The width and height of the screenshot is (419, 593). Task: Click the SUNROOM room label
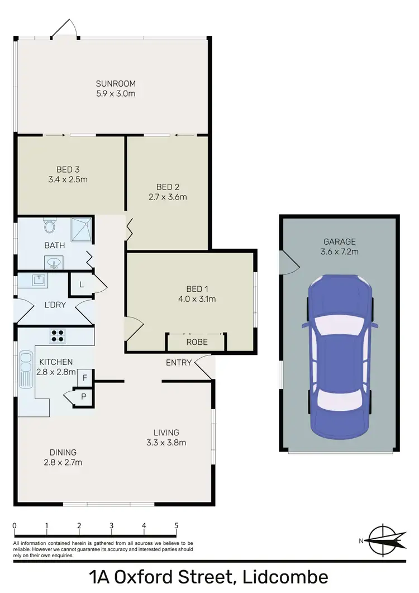coord(116,84)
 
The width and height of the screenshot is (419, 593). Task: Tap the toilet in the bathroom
coord(50,226)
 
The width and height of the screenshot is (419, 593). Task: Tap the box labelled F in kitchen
coord(84,377)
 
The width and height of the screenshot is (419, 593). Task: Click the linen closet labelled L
coord(82,284)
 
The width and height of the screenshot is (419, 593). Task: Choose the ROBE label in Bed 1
coord(197,342)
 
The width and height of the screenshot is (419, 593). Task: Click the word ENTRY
coord(179,363)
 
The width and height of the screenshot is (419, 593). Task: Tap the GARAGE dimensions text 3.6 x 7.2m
coord(340,252)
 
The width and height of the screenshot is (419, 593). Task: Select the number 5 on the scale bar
coord(177,525)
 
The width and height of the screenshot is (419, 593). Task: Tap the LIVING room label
coord(166,432)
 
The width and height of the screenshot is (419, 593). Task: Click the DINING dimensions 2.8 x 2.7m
coord(63,462)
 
